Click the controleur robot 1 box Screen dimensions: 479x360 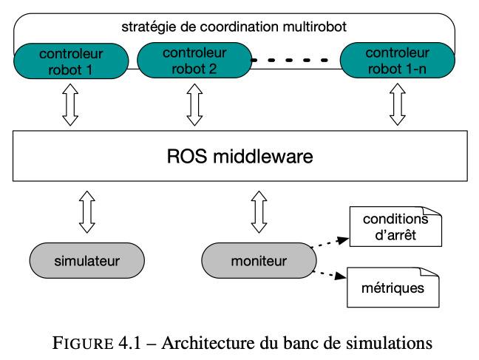(x=71, y=61)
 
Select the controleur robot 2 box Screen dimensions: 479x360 (x=194, y=60)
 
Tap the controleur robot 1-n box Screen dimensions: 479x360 (x=398, y=60)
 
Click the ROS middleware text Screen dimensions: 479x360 (x=240, y=156)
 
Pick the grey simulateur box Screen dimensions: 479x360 (x=87, y=261)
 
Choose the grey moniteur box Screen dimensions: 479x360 (x=259, y=261)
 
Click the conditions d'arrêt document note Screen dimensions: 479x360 (x=395, y=226)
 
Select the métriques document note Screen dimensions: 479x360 (x=393, y=288)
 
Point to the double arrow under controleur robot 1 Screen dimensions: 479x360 (x=70, y=105)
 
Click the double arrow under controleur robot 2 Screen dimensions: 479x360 (x=194, y=105)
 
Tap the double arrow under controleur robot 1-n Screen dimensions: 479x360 (x=398, y=104)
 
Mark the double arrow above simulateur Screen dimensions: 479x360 (x=87, y=212)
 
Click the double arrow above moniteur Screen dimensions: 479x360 (x=259, y=212)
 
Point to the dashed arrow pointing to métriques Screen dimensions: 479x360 (x=329, y=274)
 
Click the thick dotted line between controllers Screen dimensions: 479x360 (x=289, y=60)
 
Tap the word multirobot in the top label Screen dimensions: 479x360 (x=314, y=27)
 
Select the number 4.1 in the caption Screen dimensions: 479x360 (x=129, y=343)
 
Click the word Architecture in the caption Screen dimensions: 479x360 (x=208, y=343)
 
